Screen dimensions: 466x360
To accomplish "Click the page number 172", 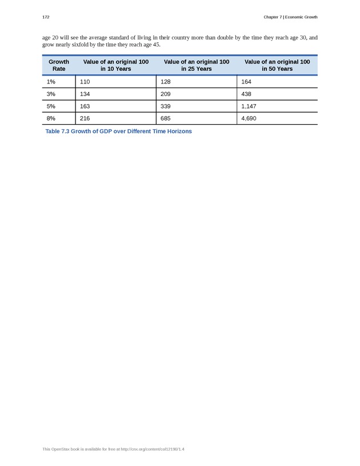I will [46, 17].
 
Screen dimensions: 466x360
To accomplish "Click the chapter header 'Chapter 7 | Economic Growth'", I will [290, 17].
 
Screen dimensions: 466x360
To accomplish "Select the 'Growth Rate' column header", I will [59, 65].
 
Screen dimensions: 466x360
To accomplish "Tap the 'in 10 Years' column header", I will [115, 65].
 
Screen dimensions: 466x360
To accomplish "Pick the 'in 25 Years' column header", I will [196, 65].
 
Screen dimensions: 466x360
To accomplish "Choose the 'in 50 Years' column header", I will [277, 65].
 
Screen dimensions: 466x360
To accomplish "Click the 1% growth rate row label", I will [51, 82].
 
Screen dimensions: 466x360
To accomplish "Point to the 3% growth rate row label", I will [51, 94].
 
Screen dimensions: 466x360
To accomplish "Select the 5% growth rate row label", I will [51, 106].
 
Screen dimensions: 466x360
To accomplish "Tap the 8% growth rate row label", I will [51, 118].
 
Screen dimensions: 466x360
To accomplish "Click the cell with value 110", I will [85, 82].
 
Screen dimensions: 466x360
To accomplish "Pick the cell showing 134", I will [85, 94].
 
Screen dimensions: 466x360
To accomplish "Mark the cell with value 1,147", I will [250, 106].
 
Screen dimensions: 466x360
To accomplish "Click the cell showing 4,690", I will [250, 118].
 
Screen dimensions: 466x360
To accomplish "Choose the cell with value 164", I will [246, 82].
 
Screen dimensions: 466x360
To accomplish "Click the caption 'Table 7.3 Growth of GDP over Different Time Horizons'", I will [118, 132].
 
